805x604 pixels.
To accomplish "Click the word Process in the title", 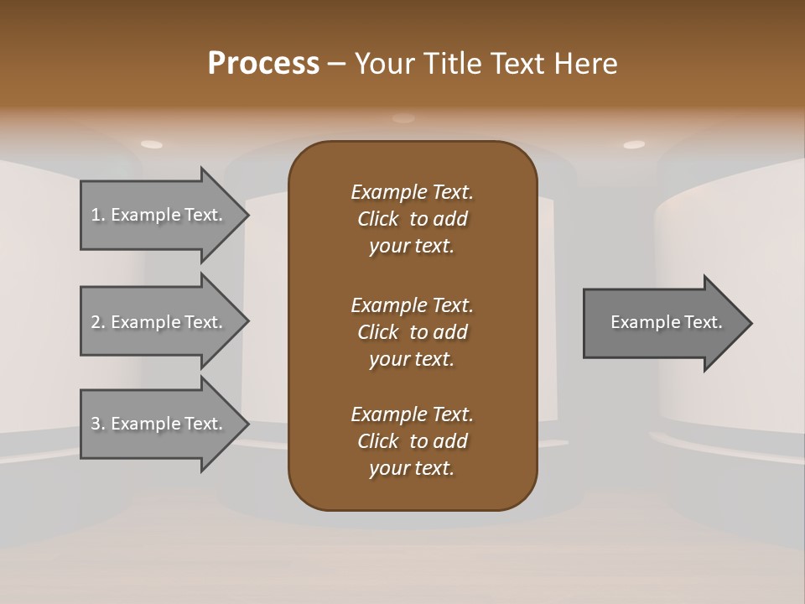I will [263, 64].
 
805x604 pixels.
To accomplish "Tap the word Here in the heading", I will [584, 64].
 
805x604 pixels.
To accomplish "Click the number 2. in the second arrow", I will [98, 322].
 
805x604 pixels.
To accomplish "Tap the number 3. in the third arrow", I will [98, 424].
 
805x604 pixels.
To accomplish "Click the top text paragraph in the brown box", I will [412, 219].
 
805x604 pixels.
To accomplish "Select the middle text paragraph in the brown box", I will [412, 332].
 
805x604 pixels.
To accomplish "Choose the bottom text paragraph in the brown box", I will [412, 441].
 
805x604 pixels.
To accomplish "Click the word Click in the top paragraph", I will [377, 219].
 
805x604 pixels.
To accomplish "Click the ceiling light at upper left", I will [152, 144].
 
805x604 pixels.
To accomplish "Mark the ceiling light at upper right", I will [634, 144].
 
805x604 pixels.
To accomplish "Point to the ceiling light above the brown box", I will [403, 118].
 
